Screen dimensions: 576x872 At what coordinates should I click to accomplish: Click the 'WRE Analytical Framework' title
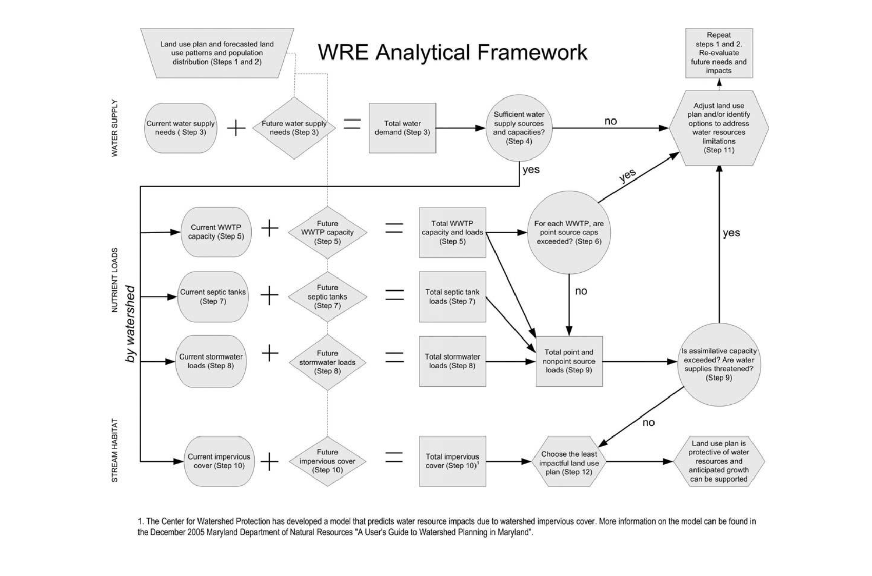[452, 53]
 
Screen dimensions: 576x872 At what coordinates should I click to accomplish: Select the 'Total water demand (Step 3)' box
[402, 128]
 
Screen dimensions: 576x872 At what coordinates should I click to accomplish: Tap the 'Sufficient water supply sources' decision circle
[519, 128]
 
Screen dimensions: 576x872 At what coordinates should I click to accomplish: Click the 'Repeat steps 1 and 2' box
[719, 53]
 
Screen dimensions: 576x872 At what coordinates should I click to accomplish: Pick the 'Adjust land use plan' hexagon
[719, 128]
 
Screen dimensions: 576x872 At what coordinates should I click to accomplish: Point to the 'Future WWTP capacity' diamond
[327, 232]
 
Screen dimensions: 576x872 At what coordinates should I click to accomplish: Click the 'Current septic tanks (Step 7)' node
[213, 296]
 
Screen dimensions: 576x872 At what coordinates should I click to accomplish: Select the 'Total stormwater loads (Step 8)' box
[452, 361]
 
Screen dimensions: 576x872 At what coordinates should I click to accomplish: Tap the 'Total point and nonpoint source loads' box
[569, 361]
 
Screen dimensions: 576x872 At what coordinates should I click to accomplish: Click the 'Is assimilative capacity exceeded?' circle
[719, 364]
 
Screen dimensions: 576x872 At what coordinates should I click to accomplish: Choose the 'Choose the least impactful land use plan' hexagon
[569, 463]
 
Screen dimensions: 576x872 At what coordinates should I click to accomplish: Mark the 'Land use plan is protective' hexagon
[719, 461]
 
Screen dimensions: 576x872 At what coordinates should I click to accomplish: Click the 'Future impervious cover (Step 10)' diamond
[327, 461]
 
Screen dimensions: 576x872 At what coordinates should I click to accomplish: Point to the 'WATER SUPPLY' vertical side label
[115, 128]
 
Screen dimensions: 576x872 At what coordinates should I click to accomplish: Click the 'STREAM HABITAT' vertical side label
[115, 450]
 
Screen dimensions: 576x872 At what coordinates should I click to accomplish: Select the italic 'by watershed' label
[130, 324]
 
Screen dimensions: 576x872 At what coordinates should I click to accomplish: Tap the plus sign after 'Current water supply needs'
[236, 128]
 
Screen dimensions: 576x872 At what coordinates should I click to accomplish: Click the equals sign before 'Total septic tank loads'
[394, 294]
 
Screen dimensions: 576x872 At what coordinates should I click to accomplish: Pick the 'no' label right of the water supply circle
[610, 121]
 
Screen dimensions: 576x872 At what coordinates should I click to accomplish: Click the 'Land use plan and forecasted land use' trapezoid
[217, 53]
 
